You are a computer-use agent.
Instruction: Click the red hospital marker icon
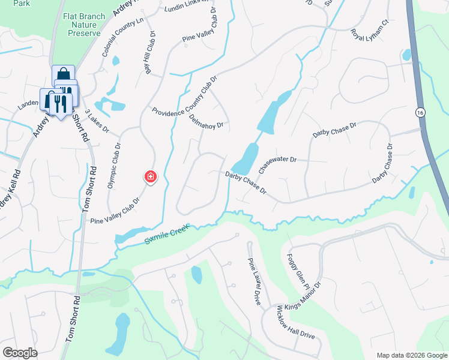[x=150, y=177]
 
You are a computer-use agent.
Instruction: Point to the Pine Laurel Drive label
[x=255, y=281]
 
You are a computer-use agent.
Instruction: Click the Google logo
[x=20, y=353]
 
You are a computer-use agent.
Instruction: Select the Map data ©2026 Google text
[x=411, y=355]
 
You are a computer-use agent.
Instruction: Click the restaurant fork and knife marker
[x=59, y=103]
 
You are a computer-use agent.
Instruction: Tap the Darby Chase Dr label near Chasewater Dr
[x=245, y=182]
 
